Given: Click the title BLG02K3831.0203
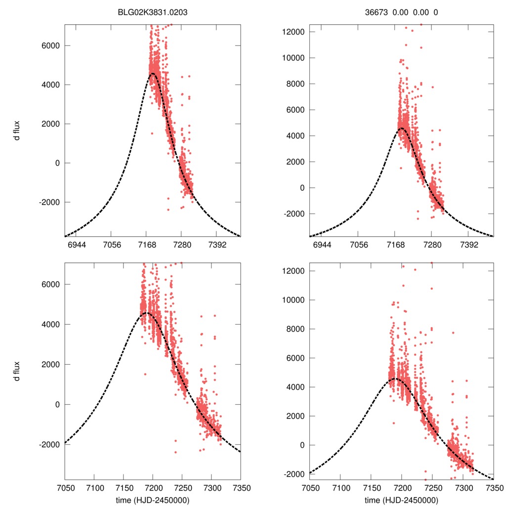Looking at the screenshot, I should (152, 14).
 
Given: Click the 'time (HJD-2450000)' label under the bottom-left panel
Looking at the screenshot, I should (152, 500).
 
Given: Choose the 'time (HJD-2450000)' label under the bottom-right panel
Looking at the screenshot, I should (401, 500).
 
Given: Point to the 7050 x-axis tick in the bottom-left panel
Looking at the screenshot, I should (65, 487).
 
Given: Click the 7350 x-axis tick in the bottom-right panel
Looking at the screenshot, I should (493, 487).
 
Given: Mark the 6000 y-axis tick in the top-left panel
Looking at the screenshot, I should (50, 45).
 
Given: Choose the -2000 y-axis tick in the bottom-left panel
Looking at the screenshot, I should (48, 444).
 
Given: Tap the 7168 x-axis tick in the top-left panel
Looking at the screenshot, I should (146, 245).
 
